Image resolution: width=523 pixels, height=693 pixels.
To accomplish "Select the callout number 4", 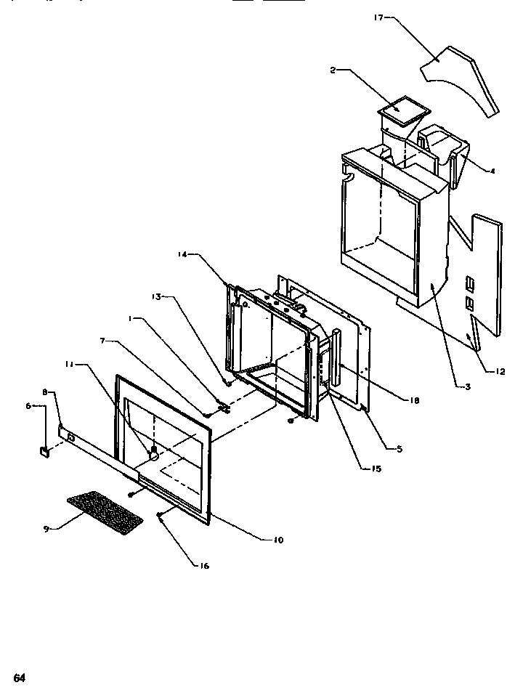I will pos(493,171).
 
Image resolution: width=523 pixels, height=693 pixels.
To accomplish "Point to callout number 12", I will pos(500,373).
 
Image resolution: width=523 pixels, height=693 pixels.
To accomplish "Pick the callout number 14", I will pos(182,254).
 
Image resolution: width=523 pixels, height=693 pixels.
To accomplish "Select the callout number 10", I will pos(279,540).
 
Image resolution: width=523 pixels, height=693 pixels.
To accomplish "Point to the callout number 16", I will pos(204,566).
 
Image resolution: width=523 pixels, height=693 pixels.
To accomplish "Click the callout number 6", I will pos(29,407).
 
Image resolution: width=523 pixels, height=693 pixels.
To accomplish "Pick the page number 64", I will pos(19,678).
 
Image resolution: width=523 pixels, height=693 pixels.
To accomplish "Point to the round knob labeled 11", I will pos(153,453).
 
